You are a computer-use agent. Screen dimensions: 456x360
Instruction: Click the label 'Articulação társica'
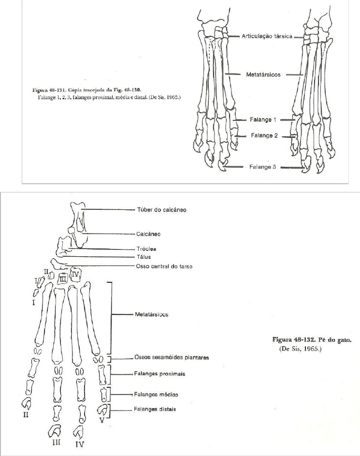coord(267,37)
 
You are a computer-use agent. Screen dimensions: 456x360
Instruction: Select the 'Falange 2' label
coord(264,136)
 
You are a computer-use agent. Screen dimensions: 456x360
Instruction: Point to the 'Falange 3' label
coord(263,167)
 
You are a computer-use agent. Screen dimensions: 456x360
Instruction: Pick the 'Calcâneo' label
coord(148,234)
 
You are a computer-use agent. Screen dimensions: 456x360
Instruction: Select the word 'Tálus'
coord(144,257)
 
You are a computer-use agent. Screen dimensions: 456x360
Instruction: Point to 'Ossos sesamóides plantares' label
coord(171,358)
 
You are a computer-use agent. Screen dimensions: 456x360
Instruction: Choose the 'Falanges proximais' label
coord(160,374)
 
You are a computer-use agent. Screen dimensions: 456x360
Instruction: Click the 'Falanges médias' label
coord(157,394)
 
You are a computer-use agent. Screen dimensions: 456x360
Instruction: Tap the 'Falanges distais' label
coord(155,410)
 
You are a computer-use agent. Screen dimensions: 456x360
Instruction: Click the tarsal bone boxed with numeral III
coord(62,278)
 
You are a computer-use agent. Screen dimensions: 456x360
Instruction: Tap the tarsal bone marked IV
coord(75,274)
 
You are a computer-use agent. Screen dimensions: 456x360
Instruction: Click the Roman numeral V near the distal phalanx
coord(101,420)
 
